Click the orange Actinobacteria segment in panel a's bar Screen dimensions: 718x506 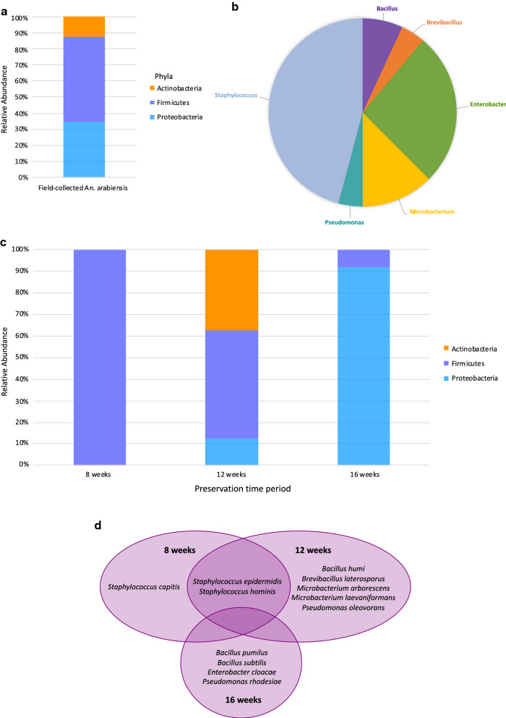(84, 27)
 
